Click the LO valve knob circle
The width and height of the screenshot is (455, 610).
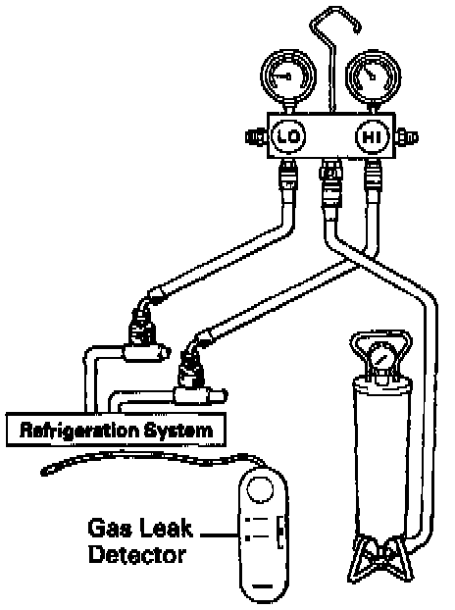coord(288,136)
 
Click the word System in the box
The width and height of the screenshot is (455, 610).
coord(178,431)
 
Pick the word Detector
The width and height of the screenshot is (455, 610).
coord(137,554)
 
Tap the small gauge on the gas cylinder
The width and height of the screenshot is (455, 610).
coord(381,357)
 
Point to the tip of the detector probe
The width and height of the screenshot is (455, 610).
coord(43,473)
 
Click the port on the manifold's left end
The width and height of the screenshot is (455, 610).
coord(256,137)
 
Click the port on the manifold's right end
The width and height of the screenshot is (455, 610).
coord(407,137)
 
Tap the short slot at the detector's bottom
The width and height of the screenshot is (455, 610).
coord(262,585)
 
